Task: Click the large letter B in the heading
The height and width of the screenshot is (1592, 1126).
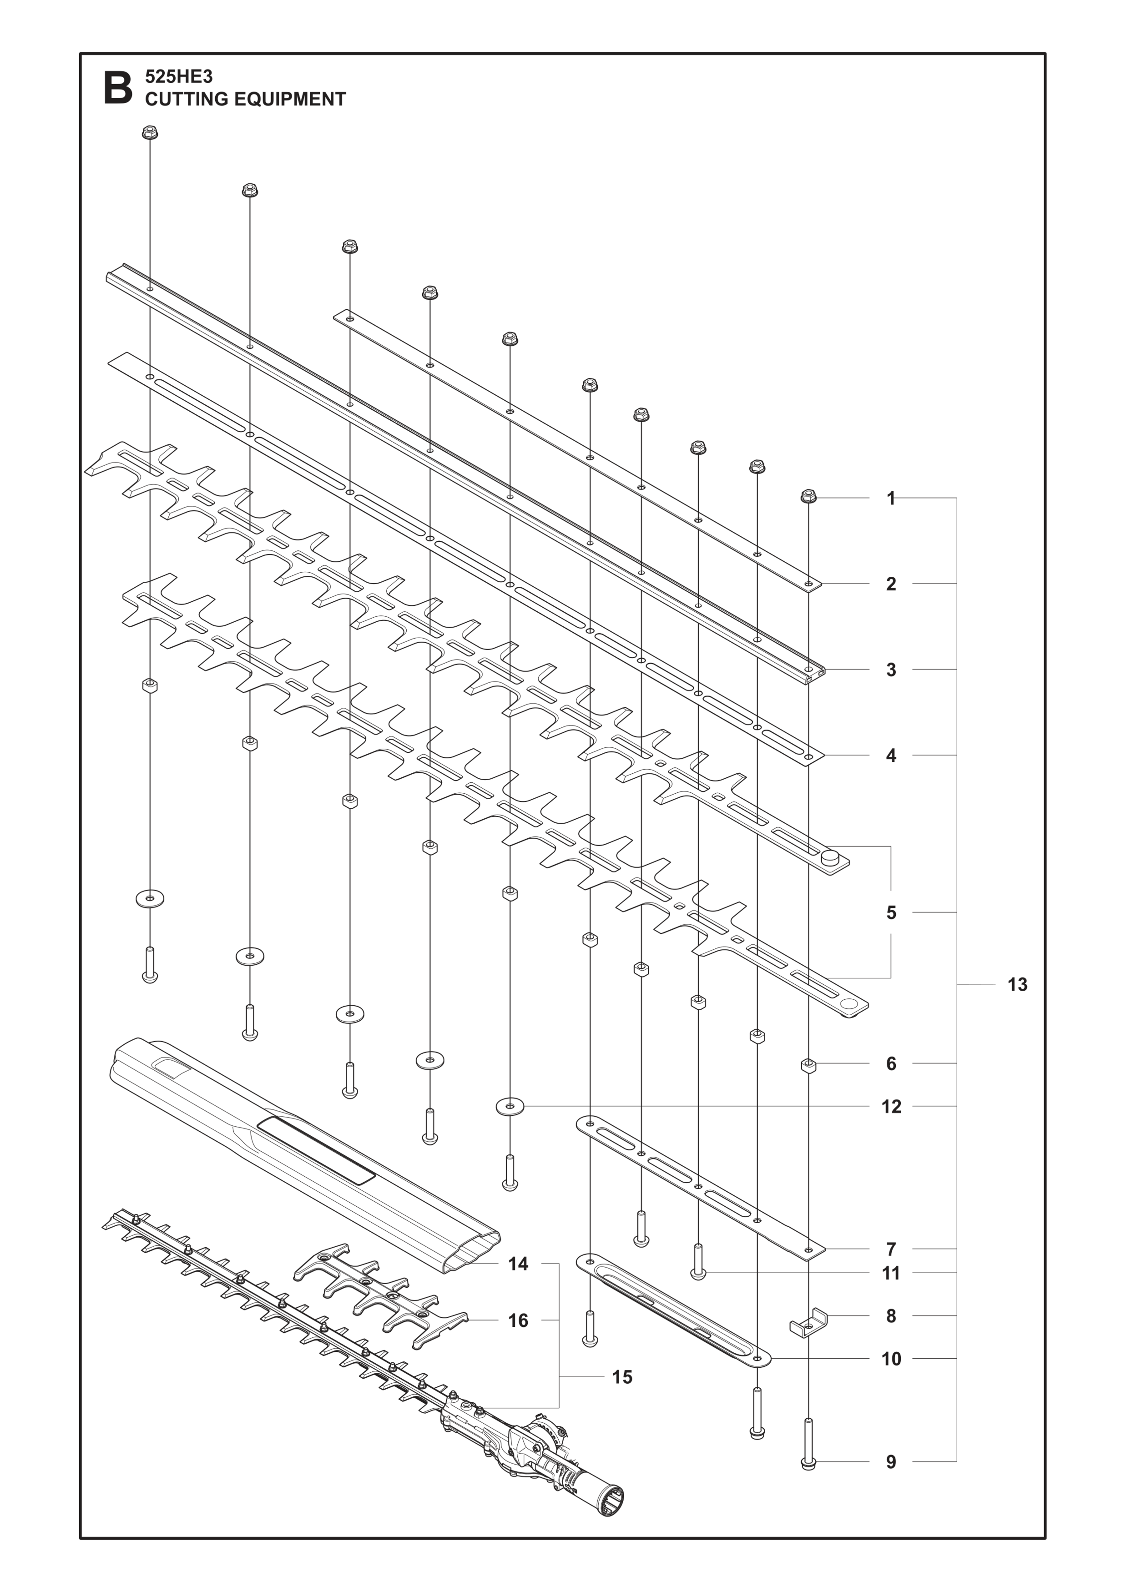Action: pos(118,88)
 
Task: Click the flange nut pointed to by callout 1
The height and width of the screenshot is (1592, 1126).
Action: pos(808,496)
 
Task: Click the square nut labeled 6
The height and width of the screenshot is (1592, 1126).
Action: pos(808,1066)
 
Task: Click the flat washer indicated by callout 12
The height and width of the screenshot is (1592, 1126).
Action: pos(510,1107)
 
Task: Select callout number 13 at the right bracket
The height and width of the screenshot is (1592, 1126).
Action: pos(1017,985)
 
